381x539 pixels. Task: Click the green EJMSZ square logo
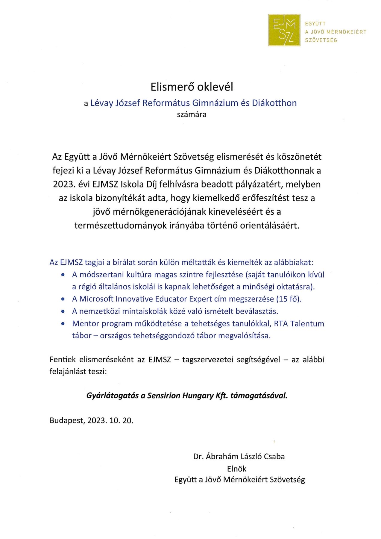click(x=284, y=30)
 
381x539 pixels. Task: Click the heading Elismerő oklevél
click(x=192, y=87)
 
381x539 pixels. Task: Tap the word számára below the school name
click(x=192, y=114)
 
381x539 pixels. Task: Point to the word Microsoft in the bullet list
click(x=96, y=299)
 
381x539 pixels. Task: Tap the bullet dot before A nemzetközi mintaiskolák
click(x=63, y=311)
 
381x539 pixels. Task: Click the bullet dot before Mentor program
click(x=63, y=324)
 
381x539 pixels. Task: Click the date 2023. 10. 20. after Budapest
click(x=110, y=420)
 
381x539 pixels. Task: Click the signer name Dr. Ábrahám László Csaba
click(x=239, y=456)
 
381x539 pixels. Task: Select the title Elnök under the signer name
click(x=236, y=469)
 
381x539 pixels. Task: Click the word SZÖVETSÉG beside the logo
click(x=321, y=40)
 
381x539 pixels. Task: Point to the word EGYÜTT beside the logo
click(x=315, y=24)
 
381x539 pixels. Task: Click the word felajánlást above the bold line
click(x=67, y=372)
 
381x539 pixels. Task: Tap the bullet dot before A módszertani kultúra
click(x=63, y=275)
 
